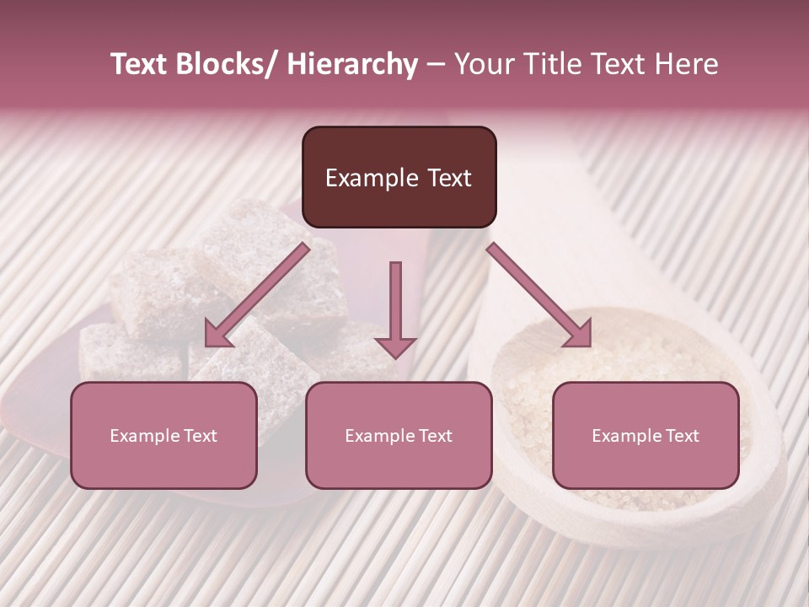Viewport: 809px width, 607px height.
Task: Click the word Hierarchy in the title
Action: pyautogui.click(x=352, y=65)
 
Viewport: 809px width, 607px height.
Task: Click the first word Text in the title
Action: pyautogui.click(x=141, y=65)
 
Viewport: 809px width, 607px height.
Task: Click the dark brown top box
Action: pyautogui.click(x=399, y=177)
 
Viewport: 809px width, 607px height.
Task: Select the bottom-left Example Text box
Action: pyautogui.click(x=163, y=435)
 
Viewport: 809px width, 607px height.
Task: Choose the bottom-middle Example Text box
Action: pyautogui.click(x=399, y=435)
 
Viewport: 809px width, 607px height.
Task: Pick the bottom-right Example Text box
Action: pyautogui.click(x=646, y=435)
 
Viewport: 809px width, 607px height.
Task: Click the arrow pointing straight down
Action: pyautogui.click(x=395, y=308)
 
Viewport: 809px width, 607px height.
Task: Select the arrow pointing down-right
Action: pyautogui.click(x=539, y=294)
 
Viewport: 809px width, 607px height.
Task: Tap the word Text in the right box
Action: pyautogui.click(x=682, y=436)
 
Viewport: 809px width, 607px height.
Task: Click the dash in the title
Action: pyautogui.click(x=436, y=65)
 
